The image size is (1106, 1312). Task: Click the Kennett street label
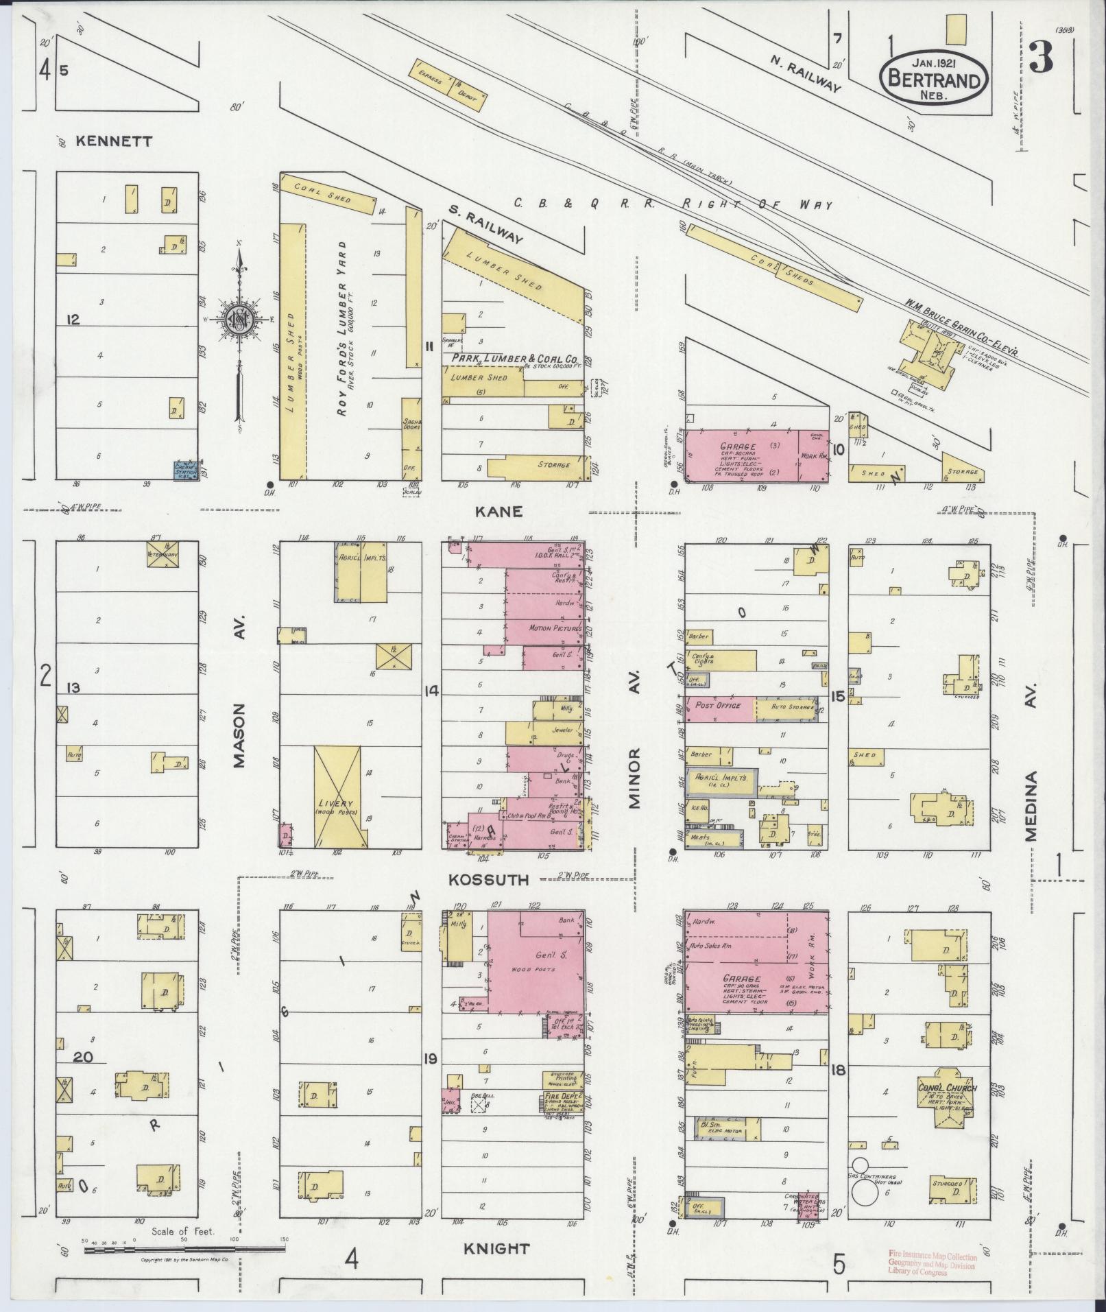114,141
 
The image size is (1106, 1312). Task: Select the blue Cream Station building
186,470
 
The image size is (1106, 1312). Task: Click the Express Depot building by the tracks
450,85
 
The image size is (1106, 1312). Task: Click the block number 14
431,690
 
